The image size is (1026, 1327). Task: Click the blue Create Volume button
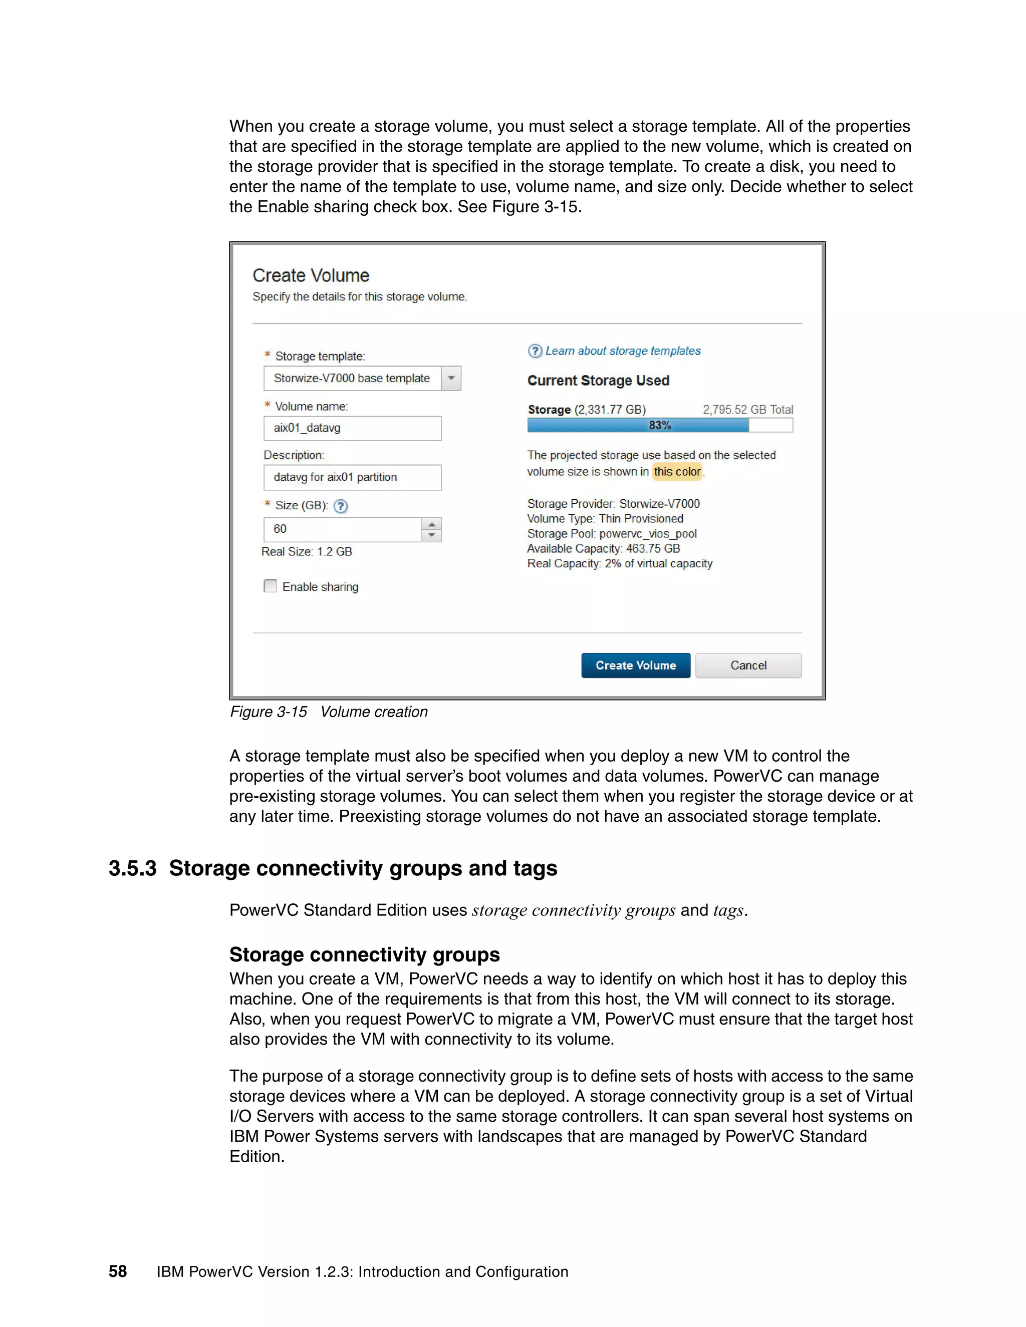635,666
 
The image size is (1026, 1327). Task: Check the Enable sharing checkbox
271,586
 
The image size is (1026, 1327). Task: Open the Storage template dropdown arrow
451,378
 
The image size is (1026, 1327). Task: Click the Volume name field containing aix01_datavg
352,428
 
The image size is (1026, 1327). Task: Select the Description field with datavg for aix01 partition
352,477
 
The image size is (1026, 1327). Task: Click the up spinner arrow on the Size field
431,524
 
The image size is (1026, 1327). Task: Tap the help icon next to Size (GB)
341,506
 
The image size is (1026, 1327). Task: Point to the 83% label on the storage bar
659,425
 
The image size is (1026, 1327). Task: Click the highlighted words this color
677,472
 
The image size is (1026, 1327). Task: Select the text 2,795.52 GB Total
747,410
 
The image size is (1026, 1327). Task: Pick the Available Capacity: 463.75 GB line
603,549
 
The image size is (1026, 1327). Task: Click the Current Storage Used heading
598,381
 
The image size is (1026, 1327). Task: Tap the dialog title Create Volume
311,275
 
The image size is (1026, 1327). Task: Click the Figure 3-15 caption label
268,712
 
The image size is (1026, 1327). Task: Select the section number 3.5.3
132,868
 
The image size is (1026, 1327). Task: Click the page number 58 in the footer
117,1272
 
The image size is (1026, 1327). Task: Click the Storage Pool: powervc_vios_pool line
612,533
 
